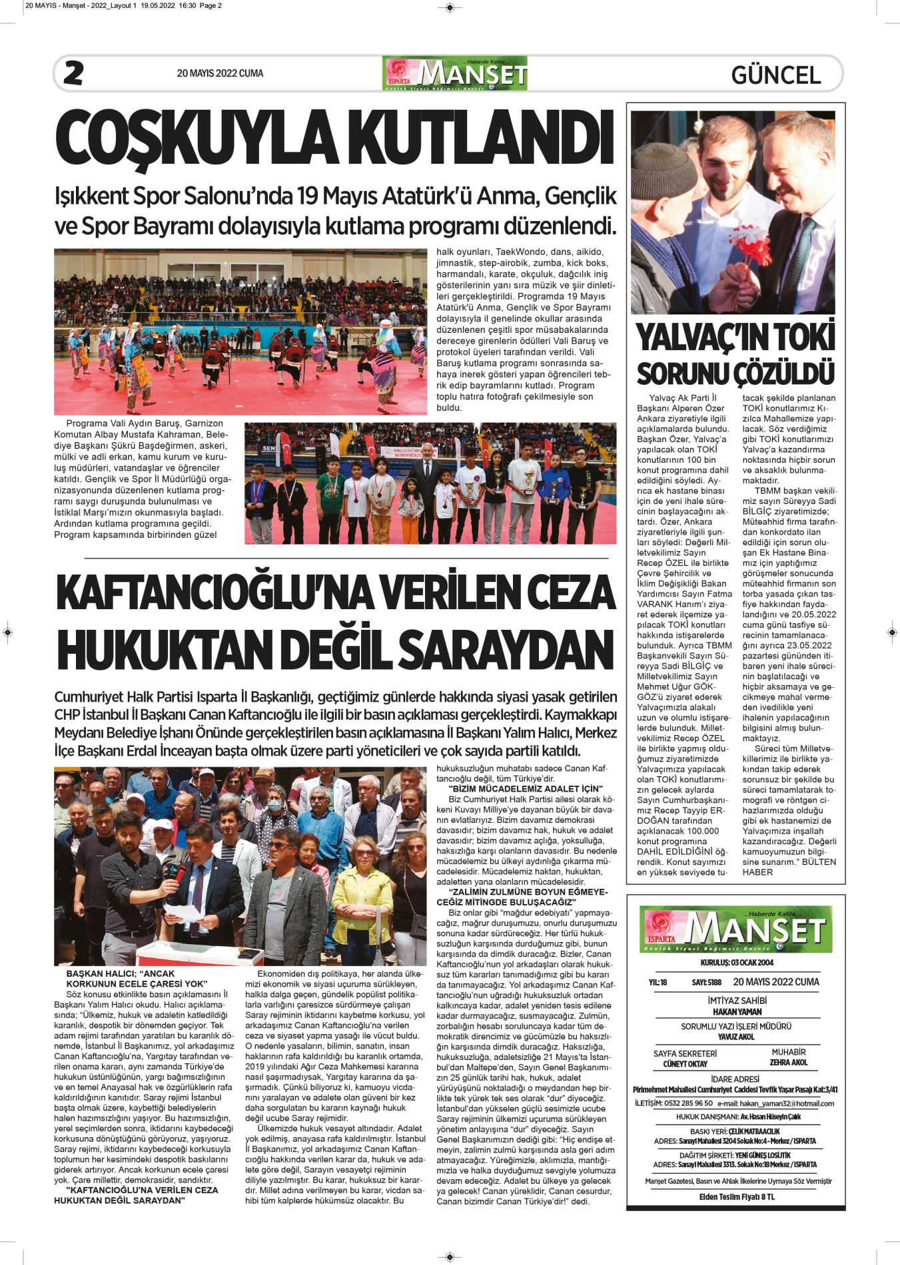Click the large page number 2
coord(73,73)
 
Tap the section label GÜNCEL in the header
coord(776,75)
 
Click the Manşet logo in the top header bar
coord(455,73)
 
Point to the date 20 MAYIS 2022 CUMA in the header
coord(220,73)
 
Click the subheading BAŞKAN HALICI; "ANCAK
coord(121,973)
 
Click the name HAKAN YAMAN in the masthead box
coord(737,1012)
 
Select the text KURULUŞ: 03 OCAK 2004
coord(737,963)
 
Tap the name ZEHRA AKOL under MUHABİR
coord(788,1063)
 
